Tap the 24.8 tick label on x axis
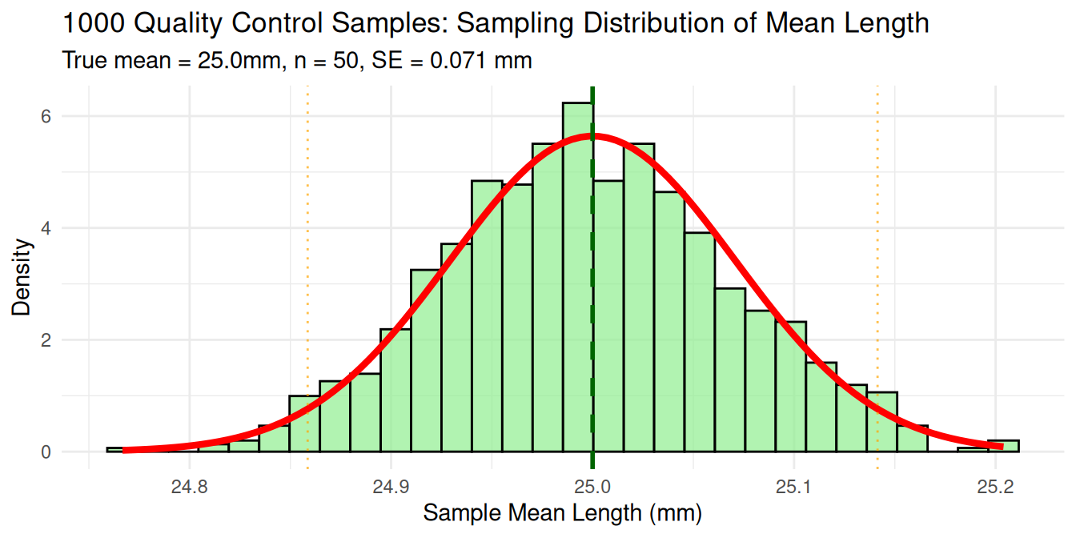tap(189, 486)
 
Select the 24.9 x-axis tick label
tap(391, 486)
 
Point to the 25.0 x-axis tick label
tap(592, 486)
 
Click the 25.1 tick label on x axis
tap(793, 486)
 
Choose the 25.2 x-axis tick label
tap(995, 486)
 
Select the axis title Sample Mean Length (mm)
tap(562, 513)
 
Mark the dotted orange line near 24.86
tap(307, 240)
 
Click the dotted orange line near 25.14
tap(877, 240)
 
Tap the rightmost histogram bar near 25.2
tap(1003, 446)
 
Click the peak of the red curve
tap(593, 135)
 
